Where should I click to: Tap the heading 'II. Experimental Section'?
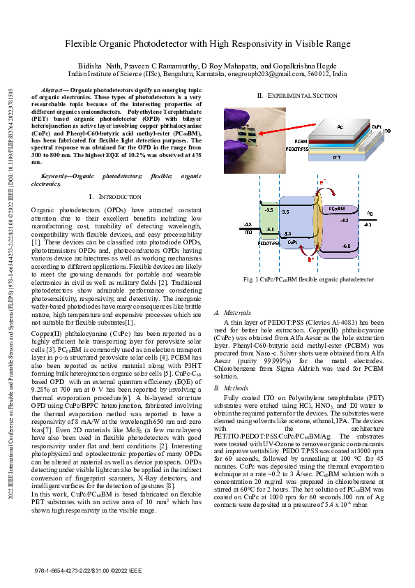click(x=296, y=95)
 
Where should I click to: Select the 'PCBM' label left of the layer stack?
click(x=291, y=141)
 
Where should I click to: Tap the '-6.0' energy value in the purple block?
click(x=346, y=246)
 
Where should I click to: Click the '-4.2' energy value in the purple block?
click(x=344, y=220)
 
